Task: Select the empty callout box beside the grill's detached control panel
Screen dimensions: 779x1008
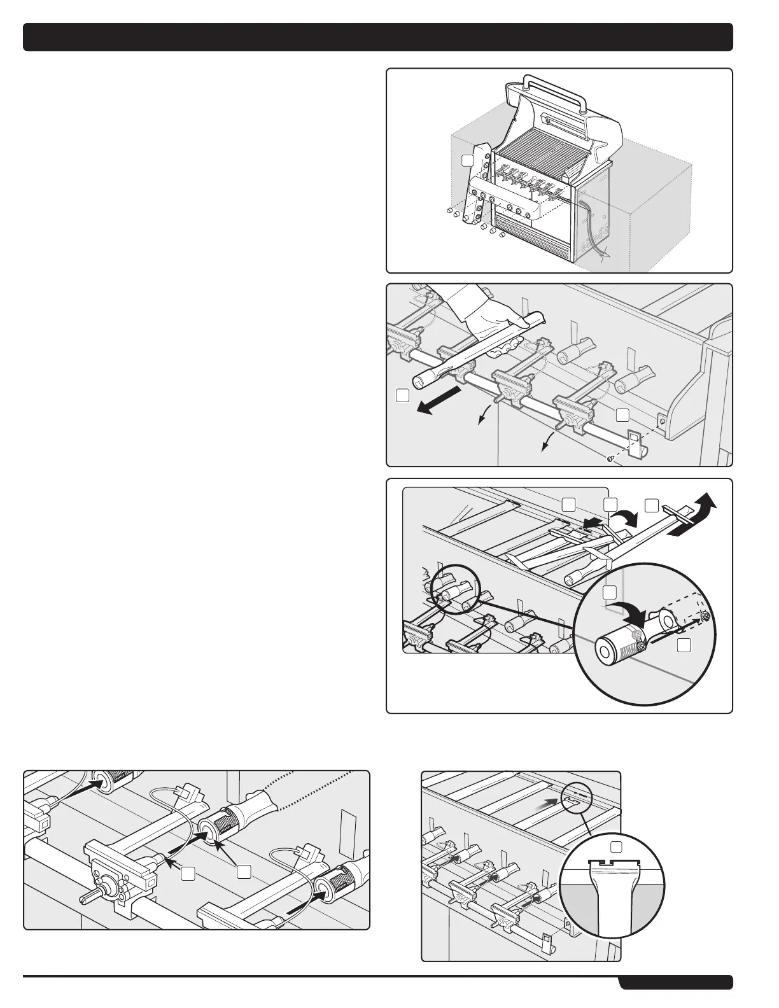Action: [x=468, y=160]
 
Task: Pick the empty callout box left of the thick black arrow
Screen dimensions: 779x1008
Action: [x=402, y=395]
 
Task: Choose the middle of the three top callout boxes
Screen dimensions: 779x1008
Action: [x=610, y=505]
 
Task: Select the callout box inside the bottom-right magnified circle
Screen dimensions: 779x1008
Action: [x=617, y=846]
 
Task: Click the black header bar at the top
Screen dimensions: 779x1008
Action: [x=378, y=37]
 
